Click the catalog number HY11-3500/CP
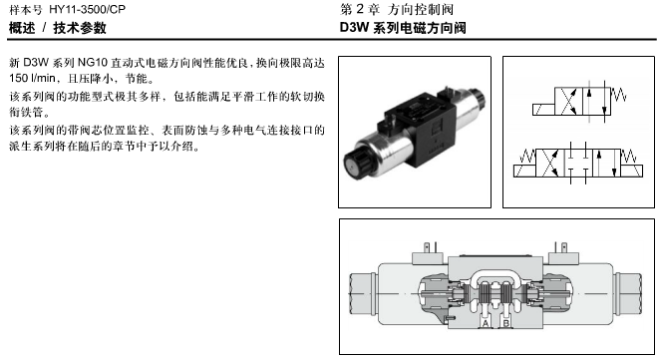[x=88, y=9]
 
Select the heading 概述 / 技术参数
[x=58, y=28]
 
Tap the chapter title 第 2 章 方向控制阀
[x=397, y=9]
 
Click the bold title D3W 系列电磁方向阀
[x=403, y=28]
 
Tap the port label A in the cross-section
[x=486, y=323]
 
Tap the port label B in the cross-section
[x=506, y=323]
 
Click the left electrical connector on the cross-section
[x=429, y=253]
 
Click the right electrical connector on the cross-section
[x=563, y=253]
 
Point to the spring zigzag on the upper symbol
[x=618, y=95]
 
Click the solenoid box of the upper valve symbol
[x=543, y=110]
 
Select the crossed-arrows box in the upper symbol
[x=568, y=101]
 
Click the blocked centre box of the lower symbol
[x=578, y=163]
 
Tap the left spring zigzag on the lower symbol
[x=527, y=157]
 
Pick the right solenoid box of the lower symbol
[x=631, y=171]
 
